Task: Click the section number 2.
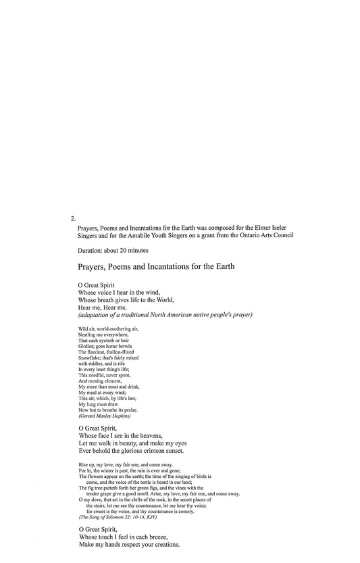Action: (72, 219)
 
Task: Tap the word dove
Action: (93, 499)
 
